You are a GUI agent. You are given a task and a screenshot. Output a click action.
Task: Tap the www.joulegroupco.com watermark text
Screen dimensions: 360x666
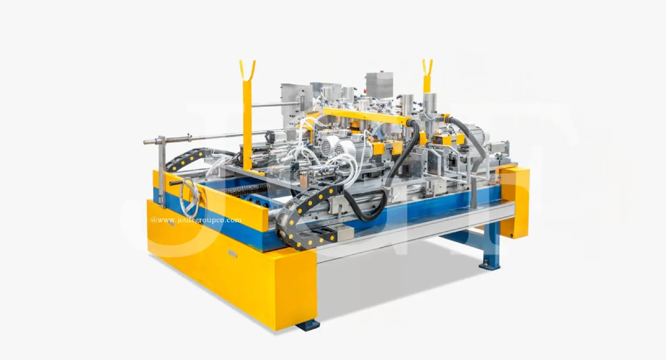point(196,220)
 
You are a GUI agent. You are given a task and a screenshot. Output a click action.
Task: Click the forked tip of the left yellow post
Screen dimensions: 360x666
point(246,69)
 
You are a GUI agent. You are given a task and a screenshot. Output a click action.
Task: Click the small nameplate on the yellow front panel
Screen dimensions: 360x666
point(231,253)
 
